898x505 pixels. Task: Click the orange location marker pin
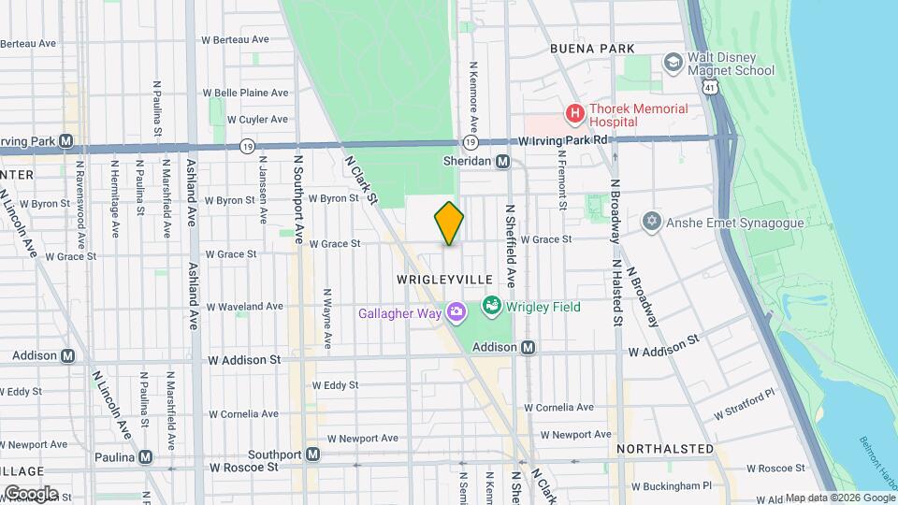[x=449, y=223]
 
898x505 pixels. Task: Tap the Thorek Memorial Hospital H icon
[x=574, y=115]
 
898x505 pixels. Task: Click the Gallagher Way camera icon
[x=456, y=311]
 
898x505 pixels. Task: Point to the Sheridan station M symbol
[x=502, y=161]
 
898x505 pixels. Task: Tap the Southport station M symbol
[x=313, y=454]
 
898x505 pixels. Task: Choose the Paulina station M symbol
[x=145, y=457]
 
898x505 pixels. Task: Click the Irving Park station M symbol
[x=65, y=141]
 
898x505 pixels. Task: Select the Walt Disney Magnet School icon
[x=673, y=63]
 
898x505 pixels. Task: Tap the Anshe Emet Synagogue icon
[x=652, y=222]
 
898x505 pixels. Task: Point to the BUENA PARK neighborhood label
[x=592, y=49]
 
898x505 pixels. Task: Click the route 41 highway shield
[x=713, y=87]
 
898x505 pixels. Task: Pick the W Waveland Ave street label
[x=245, y=306]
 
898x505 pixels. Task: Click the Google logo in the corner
[x=31, y=493]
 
